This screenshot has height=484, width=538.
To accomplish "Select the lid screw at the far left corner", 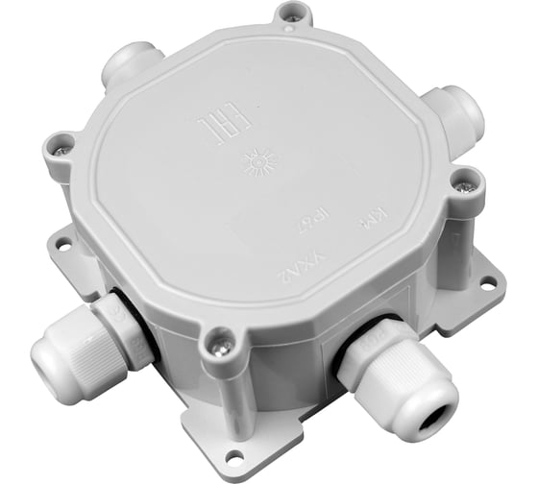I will point(62,147).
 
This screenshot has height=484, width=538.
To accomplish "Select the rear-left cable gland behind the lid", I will point(127,64).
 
